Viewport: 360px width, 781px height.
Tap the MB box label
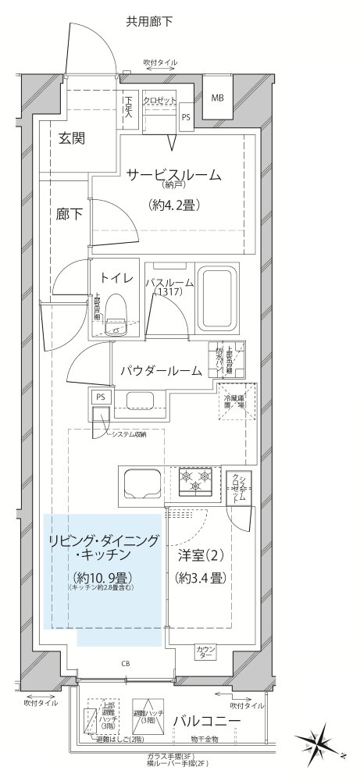pos(216,98)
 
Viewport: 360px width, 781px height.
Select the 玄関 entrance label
pos(72,138)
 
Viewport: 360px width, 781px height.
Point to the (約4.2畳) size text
pos(171,205)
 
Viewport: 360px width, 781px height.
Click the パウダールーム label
pos(160,370)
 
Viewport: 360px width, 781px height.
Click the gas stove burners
pos(195,480)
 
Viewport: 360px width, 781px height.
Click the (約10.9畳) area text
pos(102,577)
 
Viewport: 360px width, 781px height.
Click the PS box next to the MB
pos(186,117)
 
